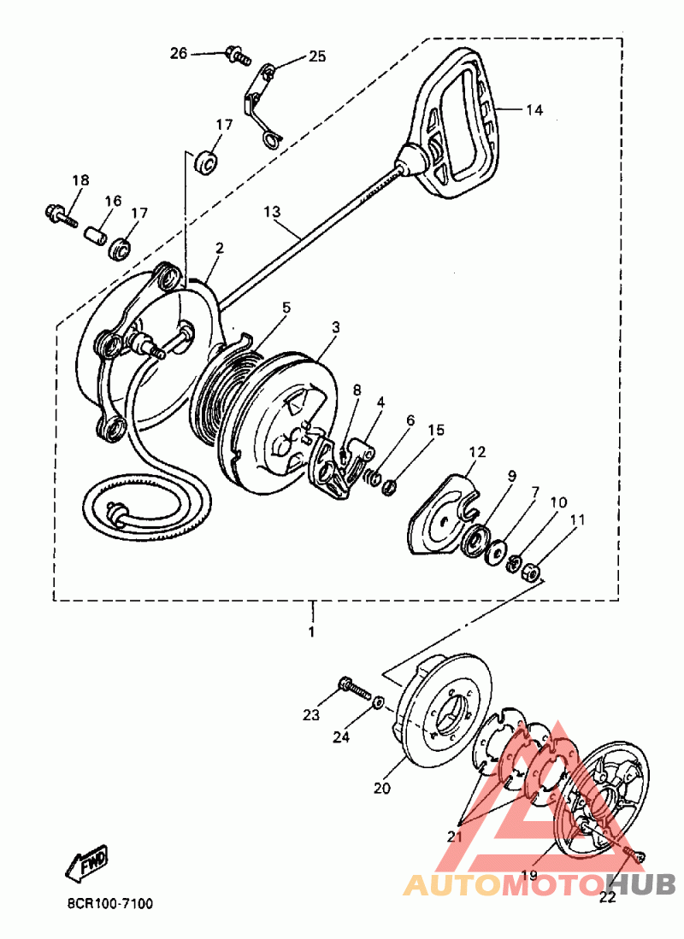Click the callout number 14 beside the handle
534,110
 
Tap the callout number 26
178,53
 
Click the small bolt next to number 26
236,56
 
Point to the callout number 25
317,57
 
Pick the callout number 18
80,180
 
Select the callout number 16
114,201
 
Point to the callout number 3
336,326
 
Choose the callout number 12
476,451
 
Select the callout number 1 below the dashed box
311,632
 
